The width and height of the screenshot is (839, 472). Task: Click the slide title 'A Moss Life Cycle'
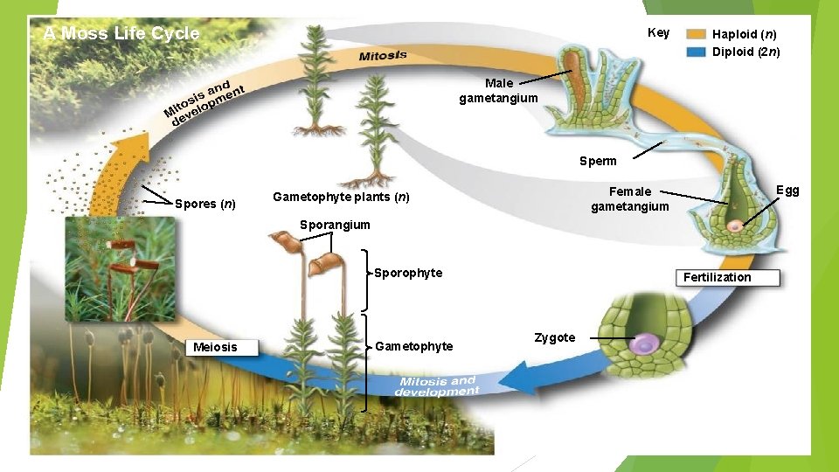(121, 34)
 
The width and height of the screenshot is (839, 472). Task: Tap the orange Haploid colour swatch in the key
(696, 34)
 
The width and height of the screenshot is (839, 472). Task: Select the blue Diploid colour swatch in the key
(696, 52)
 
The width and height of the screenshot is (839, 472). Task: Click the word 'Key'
(658, 33)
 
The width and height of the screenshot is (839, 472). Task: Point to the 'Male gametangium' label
(498, 91)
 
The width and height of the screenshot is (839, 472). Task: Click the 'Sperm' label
(598, 161)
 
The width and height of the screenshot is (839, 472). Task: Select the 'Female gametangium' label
(629, 199)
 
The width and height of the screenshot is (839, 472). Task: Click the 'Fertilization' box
(717, 277)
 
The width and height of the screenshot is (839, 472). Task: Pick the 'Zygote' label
(554, 337)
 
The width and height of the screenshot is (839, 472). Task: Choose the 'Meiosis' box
(215, 347)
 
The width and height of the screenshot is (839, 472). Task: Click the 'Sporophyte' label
(408, 273)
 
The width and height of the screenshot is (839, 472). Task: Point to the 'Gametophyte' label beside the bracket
(413, 346)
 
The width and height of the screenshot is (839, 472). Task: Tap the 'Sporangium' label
(335, 225)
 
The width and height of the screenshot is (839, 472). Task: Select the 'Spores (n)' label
(205, 204)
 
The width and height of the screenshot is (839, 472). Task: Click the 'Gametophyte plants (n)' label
(341, 197)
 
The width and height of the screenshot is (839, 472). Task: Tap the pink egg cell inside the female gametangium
(737, 226)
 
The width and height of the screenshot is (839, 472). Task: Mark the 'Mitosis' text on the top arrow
(383, 56)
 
